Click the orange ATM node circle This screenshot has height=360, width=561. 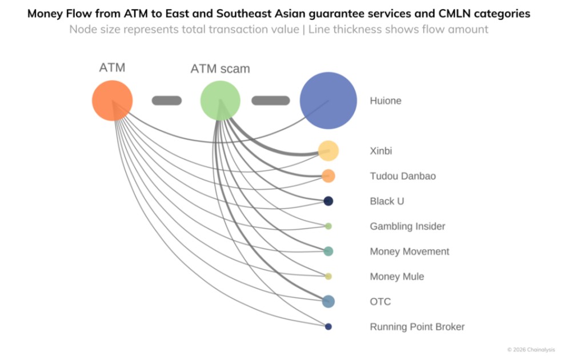113,101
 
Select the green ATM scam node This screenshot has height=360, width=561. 220,101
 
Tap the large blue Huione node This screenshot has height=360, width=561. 328,101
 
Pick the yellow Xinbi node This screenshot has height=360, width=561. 328,151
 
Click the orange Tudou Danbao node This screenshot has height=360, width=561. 328,176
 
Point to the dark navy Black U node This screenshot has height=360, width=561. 328,201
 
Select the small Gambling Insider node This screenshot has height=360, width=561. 328,226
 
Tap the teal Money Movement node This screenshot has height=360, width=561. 328,251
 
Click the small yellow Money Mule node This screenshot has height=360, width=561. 328,277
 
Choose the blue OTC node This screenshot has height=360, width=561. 328,302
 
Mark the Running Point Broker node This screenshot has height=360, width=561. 328,327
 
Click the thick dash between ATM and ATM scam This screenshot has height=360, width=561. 167,101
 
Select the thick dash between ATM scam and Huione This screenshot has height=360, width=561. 271,101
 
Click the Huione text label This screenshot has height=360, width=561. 386,101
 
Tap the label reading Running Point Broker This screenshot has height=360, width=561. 417,327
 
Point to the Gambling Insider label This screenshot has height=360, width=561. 407,226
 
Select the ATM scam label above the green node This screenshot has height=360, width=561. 220,69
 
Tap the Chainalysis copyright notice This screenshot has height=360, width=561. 531,350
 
